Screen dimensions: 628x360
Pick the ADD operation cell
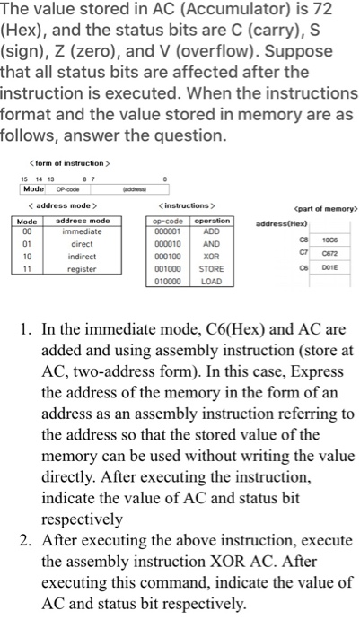pyautogui.click(x=212, y=231)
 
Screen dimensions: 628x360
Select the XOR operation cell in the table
pyautogui.click(x=212, y=256)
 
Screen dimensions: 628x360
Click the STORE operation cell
pyautogui.click(x=212, y=268)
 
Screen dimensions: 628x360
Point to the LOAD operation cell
pyautogui.click(x=212, y=281)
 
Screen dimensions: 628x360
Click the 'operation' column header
pyautogui.click(x=212, y=220)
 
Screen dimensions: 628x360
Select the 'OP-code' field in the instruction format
pyautogui.click(x=66, y=189)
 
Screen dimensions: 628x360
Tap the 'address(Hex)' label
pyautogui.click(x=281, y=222)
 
